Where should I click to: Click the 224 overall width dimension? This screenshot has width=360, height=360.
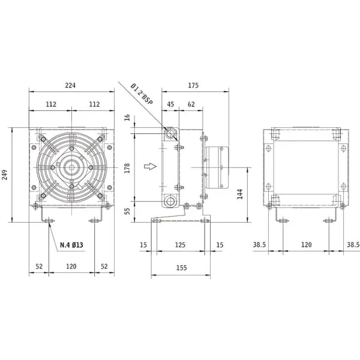coord(70,85)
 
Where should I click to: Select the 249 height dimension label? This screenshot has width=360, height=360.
coord(5,175)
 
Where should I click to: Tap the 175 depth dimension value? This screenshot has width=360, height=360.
coord(193,85)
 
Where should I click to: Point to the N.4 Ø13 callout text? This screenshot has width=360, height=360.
coord(71,245)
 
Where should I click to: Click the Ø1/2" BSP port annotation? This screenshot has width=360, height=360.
coord(142,94)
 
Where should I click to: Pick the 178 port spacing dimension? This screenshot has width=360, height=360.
coord(127,168)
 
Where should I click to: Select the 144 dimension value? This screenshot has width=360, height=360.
coord(239,194)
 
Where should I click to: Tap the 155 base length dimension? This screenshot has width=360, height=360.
coord(181,268)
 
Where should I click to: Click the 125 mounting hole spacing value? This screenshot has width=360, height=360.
coord(180,245)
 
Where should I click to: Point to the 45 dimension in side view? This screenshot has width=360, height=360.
coord(170,104)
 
